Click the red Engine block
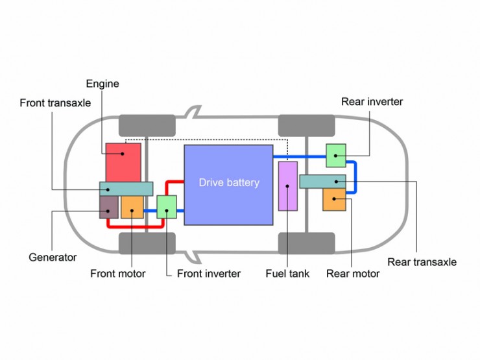coord(123,162)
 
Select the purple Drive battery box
coord(228,185)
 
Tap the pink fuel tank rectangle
coord(288,186)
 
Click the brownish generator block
coord(109,208)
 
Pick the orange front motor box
coord(132,208)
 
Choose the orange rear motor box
coord(334,200)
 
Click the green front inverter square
coord(167,207)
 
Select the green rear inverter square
coord(336,156)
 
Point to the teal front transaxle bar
coord(126,189)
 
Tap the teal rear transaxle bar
coord(322,182)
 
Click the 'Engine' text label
coord(102,84)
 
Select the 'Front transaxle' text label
coord(55,103)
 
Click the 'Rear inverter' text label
coord(372,102)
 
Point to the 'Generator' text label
coord(53,257)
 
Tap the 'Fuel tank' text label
coord(287,273)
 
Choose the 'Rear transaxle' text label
coord(422,262)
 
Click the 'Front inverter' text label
coord(209,273)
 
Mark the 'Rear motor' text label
coord(353,273)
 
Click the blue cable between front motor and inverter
coord(150,211)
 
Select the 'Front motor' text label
coord(118,273)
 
